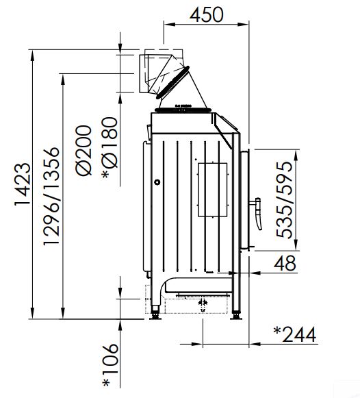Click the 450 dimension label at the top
coord(207,14)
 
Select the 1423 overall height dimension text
coord(23,184)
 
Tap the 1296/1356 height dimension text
coord(52,196)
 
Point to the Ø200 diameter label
coord(83,150)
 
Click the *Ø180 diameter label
coord(110,148)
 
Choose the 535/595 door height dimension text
coord(284,199)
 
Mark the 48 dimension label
coord(285,263)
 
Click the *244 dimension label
coord(295,334)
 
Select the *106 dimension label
coord(110,366)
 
